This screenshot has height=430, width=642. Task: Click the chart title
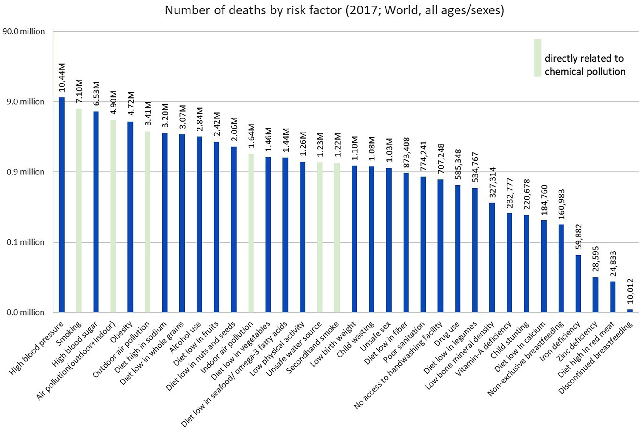(x=334, y=10)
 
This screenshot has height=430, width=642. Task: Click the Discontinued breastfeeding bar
(x=630, y=311)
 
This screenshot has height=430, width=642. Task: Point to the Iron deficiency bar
(x=578, y=283)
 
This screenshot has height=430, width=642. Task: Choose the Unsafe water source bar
(x=320, y=237)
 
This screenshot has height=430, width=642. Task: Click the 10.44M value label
(x=62, y=77)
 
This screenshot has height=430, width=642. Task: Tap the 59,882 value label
(x=578, y=237)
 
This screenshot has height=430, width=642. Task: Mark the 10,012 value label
(x=630, y=291)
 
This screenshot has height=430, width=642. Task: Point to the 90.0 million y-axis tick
(x=24, y=32)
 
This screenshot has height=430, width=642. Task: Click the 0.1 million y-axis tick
(x=26, y=242)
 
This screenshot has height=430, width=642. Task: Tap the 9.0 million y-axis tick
(x=26, y=102)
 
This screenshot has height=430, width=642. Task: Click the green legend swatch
(x=538, y=58)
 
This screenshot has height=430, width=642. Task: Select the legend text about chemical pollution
(x=585, y=65)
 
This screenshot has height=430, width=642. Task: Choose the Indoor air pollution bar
(x=251, y=233)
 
